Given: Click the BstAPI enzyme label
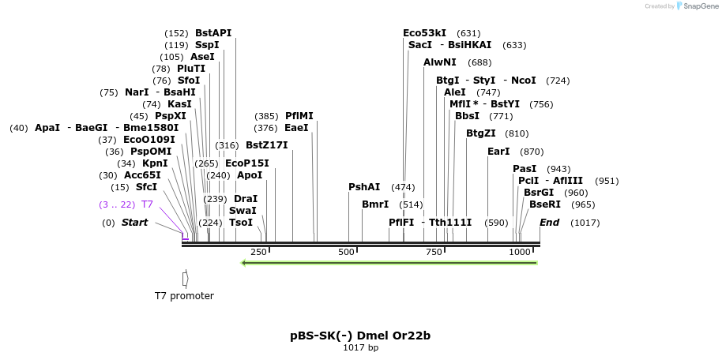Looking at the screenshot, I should coord(213,33).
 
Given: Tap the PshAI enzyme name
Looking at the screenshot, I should coord(364,187).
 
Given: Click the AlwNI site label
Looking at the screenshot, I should coord(440,62).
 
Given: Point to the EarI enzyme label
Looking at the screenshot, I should coord(498,152).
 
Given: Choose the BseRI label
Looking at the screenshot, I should coord(545,204).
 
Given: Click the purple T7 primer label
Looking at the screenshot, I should coord(147,204).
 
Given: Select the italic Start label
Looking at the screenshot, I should coord(134,223).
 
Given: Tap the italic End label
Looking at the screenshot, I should coord(549,223).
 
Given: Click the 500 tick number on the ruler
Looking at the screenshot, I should coord(346,252).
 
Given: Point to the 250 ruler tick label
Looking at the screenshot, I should coord(258,252).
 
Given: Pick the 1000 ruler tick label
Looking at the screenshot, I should coord(520,252).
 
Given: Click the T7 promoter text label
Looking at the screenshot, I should coord(184,296).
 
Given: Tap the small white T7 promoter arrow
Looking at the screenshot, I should coord(185,279).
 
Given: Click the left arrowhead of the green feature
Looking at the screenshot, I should coord(244,263).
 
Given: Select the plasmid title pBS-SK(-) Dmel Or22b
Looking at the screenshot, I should coord(360,336).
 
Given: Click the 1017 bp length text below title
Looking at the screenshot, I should coord(360,347).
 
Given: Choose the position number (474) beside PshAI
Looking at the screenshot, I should coord(404,187).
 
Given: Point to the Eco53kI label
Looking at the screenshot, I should coord(424,33).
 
